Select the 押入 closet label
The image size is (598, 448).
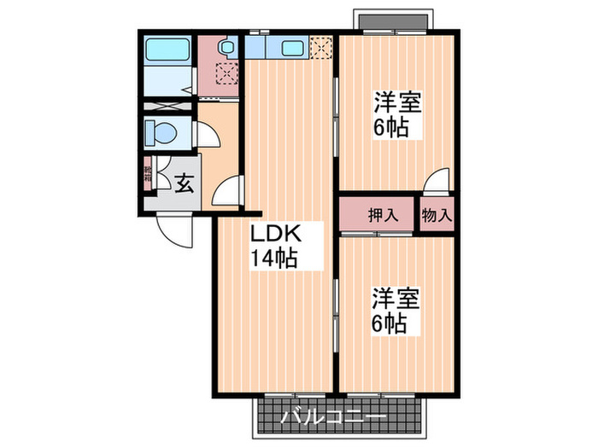tap(383, 215)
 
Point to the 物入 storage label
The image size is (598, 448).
tap(436, 215)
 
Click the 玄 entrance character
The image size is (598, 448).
tap(184, 182)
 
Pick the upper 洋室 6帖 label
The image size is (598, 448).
tap(395, 115)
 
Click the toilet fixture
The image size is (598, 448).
tap(161, 133)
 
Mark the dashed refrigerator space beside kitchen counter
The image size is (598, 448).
tap(320, 47)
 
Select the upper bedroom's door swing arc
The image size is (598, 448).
tap(437, 180)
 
